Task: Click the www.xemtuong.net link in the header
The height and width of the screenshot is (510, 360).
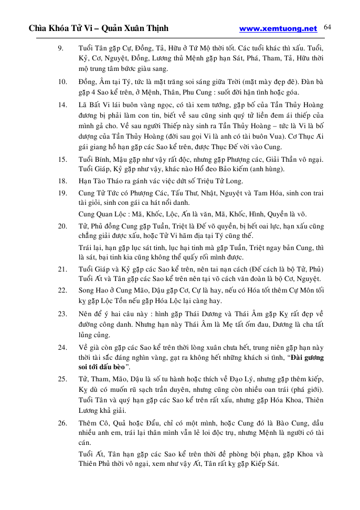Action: point(278,29)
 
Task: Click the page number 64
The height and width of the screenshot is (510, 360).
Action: point(329,27)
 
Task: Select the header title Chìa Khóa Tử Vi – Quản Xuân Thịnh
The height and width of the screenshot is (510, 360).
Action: point(99,29)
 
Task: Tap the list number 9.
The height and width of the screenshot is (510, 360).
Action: point(60,48)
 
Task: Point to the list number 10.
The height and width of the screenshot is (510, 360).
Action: point(62,81)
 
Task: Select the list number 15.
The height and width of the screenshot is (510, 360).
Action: point(62,159)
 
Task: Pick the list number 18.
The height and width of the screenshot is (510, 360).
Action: point(62,180)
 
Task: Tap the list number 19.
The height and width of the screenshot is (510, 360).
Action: point(62,193)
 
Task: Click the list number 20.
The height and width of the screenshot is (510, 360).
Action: point(62,226)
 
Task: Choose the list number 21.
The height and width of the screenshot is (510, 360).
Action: point(62,268)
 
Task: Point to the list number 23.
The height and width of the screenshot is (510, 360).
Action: point(62,314)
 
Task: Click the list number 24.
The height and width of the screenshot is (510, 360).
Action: point(62,347)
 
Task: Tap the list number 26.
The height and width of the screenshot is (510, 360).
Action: point(62,423)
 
